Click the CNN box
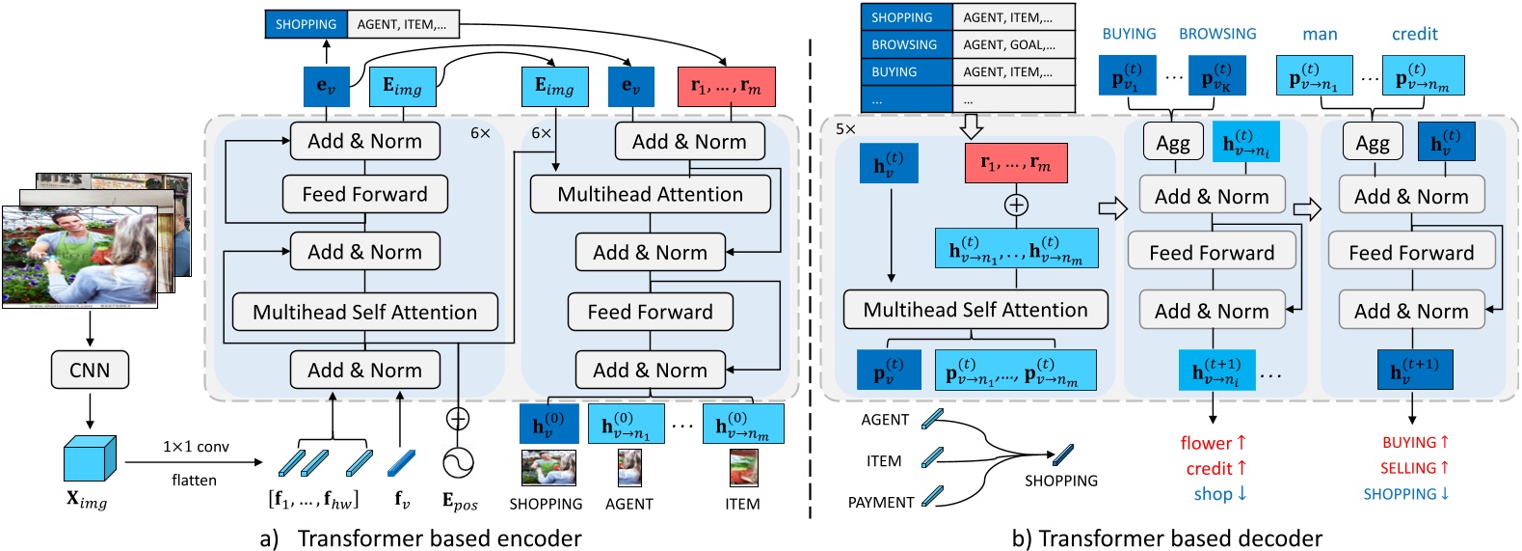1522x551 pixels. (90, 370)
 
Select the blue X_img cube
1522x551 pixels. (90, 458)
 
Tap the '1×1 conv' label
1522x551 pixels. (196, 447)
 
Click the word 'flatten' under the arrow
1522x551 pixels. (194, 480)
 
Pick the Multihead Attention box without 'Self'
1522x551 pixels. (650, 194)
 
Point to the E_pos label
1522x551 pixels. (460, 502)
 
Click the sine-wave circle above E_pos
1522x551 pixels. (458, 462)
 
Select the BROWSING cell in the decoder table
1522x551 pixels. (904, 44)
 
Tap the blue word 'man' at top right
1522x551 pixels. (1320, 34)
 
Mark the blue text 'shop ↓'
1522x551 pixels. (1220, 494)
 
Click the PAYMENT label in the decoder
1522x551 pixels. (880, 502)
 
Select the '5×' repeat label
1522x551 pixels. (845, 128)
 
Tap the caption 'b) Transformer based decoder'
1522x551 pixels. (1166, 537)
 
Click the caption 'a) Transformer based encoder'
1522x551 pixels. (420, 537)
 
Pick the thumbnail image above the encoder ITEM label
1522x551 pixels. (743, 468)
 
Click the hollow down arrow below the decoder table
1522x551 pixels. (972, 125)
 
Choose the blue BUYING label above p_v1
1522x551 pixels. (1129, 34)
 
